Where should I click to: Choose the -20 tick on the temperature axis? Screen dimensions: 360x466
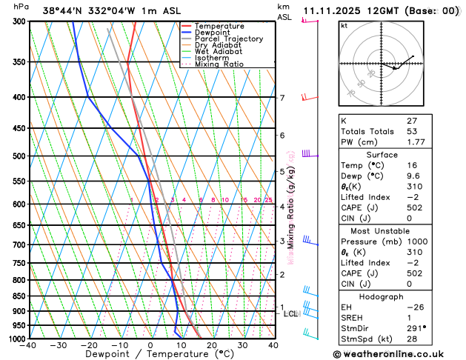pos(89,345)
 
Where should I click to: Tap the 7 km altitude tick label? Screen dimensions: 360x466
pos(282,98)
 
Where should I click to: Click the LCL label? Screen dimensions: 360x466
pos(291,314)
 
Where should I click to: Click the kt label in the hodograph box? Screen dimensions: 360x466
pos(344,26)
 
